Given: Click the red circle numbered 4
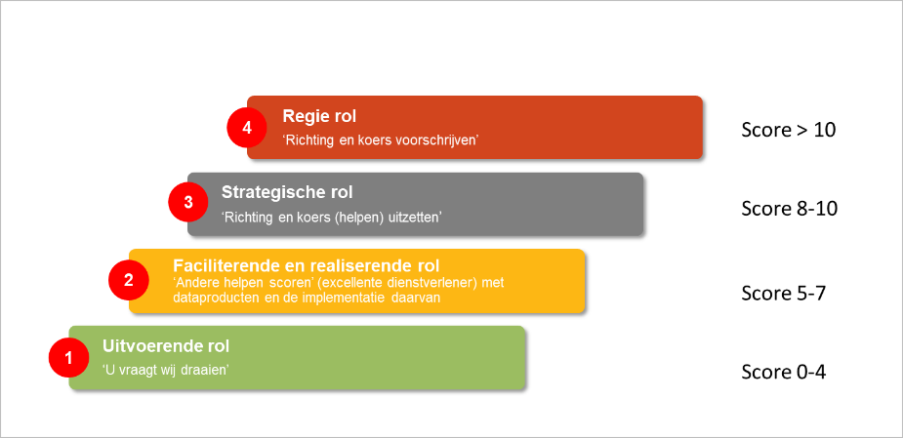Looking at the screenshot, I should coord(246,128).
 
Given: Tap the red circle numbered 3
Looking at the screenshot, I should coord(187,203).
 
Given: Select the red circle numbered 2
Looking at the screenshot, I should coord(128,280).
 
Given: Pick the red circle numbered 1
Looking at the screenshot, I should coord(68,358).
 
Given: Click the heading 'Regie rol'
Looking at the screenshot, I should coord(316,116).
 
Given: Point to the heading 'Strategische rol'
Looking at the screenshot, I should coord(287,192).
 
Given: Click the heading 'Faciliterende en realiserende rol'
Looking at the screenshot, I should coord(306,265).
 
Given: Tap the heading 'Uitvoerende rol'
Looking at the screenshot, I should coord(165,346).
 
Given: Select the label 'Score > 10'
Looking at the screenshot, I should coord(788,130).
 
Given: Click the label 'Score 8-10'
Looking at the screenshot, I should coord(789,208).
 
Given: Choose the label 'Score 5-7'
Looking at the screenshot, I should coord(784,293).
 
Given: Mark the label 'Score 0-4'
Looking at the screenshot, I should coord(784,372).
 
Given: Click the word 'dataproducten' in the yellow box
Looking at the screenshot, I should coord(211,299).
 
